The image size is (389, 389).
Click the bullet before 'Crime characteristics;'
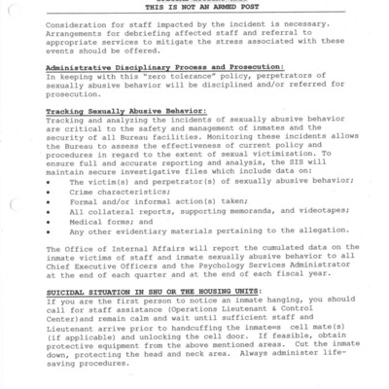tap(49, 194)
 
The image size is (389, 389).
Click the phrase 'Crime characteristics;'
tap(111, 194)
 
